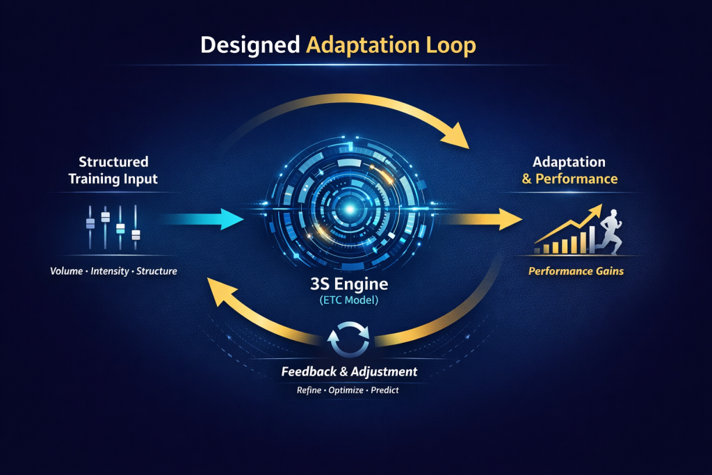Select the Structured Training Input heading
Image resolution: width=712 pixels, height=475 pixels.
(x=113, y=170)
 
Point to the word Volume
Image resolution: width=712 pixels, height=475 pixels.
(x=67, y=271)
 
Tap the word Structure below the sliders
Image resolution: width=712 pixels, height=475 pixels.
(x=156, y=271)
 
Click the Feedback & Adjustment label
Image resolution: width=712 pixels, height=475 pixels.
(x=349, y=372)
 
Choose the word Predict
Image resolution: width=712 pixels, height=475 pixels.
(x=385, y=391)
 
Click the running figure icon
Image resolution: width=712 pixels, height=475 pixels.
(x=608, y=233)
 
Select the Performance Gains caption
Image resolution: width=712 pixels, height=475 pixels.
(x=576, y=271)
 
